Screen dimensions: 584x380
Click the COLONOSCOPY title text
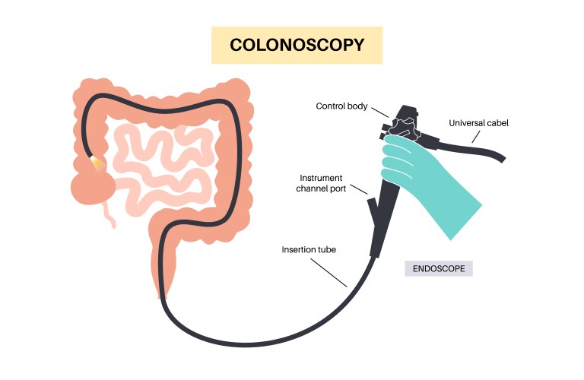click(x=297, y=46)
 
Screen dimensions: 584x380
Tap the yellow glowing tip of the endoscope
click(x=97, y=162)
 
